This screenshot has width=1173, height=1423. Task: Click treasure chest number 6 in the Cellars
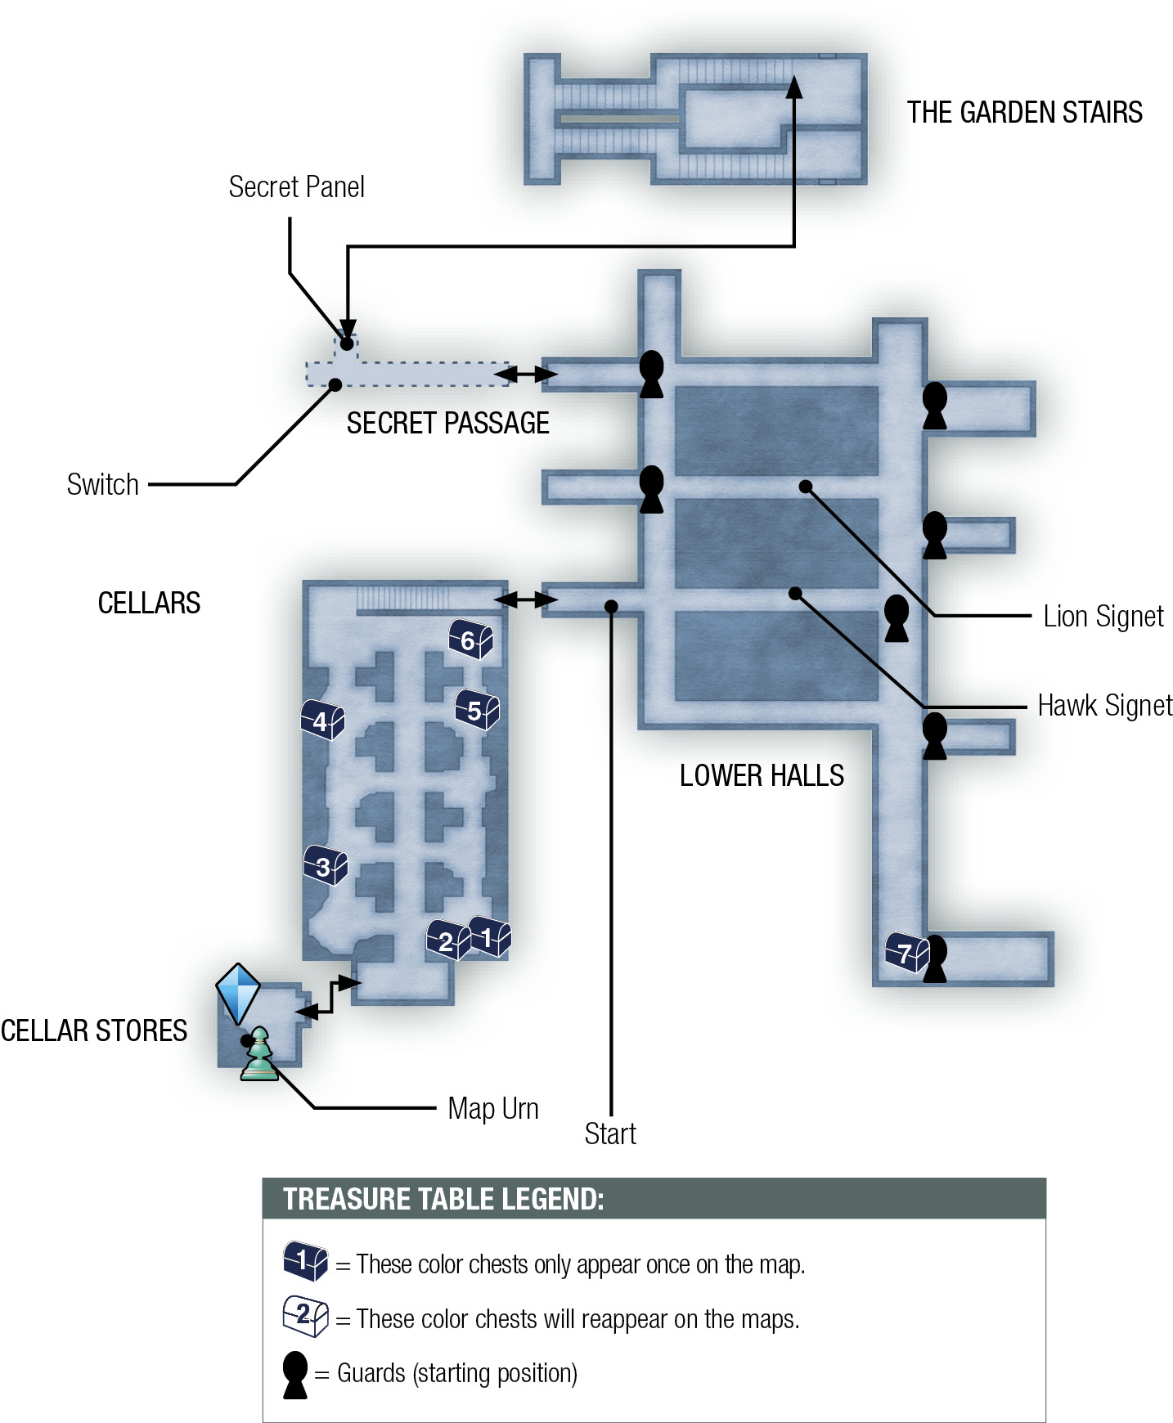[470, 640]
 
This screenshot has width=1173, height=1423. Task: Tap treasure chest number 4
[323, 720]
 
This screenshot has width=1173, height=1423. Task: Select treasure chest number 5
[477, 710]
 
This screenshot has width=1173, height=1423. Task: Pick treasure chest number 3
[326, 865]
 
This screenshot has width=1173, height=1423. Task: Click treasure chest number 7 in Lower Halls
[907, 953]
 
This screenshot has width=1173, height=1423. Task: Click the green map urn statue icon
[259, 1054]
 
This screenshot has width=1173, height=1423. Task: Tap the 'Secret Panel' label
[296, 187]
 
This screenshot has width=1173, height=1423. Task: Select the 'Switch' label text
[103, 485]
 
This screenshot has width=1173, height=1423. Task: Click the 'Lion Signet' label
[1103, 616]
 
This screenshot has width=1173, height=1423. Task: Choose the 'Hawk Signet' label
[1105, 705]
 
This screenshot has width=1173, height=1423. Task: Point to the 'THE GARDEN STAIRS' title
[1025, 112]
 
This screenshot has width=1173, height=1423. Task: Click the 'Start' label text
[610, 1133]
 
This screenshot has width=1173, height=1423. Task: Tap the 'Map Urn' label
[493, 1109]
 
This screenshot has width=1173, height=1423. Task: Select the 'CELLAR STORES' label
[94, 1030]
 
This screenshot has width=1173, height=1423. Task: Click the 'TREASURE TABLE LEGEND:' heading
[443, 1199]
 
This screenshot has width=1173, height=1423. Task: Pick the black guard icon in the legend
[294, 1375]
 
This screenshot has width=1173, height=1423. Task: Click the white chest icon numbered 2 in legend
[305, 1316]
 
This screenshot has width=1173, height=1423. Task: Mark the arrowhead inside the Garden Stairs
[793, 87]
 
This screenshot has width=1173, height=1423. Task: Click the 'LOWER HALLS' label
[762, 775]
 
